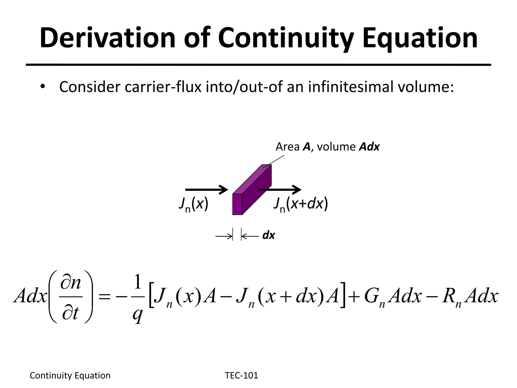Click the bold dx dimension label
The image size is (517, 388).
coord(268,235)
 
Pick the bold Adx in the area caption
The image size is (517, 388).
coord(369,147)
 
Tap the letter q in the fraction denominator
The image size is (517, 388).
coord(138,314)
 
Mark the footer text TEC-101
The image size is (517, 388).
coord(241,376)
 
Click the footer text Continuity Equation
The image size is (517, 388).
coord(70,376)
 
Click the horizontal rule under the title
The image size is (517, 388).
coord(258,65)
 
